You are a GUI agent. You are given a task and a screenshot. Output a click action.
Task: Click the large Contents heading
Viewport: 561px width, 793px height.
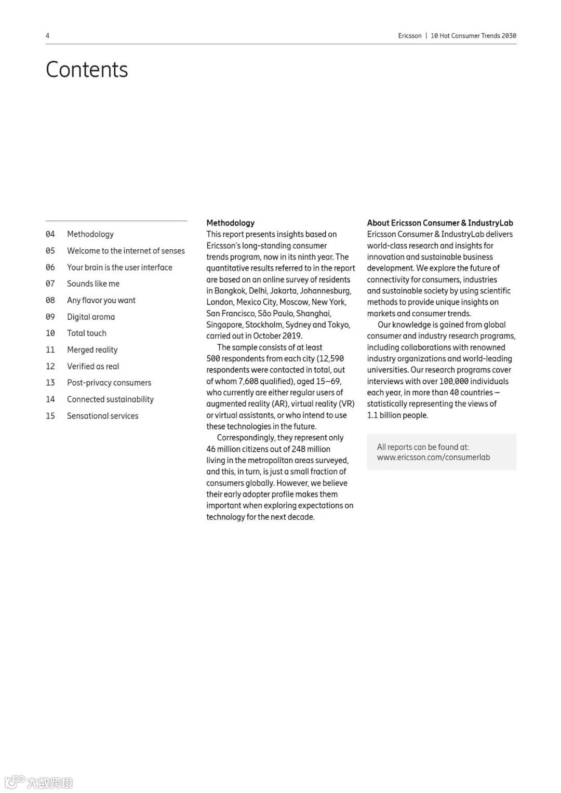tap(87, 70)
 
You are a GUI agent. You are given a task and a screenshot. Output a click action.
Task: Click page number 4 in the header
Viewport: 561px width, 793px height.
tap(48, 36)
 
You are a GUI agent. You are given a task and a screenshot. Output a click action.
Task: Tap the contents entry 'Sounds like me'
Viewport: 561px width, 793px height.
tap(93, 284)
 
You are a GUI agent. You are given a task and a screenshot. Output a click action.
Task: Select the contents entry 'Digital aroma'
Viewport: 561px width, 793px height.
tap(91, 317)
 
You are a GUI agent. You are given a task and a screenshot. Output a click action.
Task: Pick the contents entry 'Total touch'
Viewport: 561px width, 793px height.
tap(87, 333)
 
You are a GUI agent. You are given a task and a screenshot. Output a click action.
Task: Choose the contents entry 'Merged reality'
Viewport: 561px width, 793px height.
tap(92, 350)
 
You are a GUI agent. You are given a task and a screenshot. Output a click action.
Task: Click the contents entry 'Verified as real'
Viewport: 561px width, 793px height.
tap(93, 366)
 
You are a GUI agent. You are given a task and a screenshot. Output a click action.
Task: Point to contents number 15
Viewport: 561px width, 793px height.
tap(50, 415)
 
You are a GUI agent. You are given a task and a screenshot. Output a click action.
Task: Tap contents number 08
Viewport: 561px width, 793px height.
tap(50, 300)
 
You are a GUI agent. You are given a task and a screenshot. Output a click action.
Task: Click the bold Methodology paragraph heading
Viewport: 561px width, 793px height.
tap(230, 223)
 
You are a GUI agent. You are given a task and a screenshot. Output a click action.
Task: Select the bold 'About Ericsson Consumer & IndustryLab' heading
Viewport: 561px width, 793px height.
tap(440, 223)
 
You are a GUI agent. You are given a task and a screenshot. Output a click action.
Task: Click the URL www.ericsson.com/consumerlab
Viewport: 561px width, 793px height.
tap(433, 457)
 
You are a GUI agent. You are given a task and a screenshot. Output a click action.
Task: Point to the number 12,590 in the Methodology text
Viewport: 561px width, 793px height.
tap(332, 358)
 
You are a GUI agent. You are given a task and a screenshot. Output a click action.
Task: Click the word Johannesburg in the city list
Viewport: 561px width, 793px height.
tap(325, 290)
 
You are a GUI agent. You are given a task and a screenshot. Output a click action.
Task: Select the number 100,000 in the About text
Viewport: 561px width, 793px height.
tap(453, 381)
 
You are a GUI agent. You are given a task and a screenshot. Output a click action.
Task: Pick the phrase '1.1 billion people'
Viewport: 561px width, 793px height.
tap(397, 415)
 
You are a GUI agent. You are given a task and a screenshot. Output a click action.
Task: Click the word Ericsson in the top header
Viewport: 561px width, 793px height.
tap(410, 36)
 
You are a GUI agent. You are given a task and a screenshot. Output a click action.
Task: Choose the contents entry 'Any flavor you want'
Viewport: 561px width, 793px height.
tap(101, 300)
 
